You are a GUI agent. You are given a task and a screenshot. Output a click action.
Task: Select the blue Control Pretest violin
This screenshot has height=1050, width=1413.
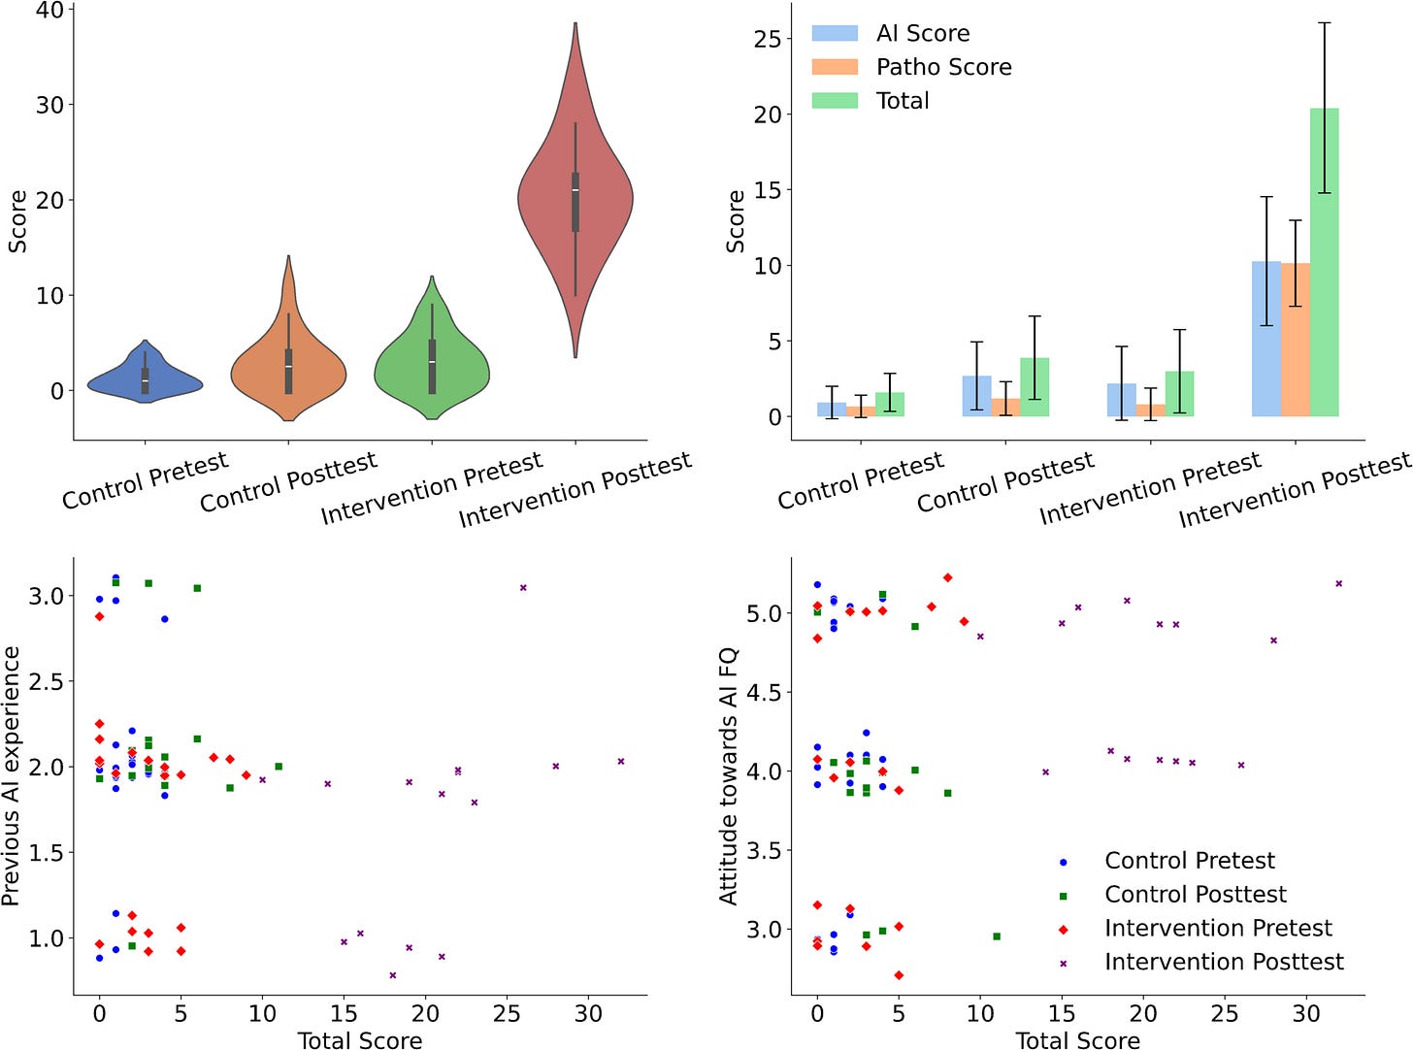tap(146, 382)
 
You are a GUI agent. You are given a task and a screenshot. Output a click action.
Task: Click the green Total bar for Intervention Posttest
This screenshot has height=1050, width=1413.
tap(1324, 262)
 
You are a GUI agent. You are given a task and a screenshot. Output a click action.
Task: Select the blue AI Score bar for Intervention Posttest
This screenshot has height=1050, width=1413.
tap(1265, 339)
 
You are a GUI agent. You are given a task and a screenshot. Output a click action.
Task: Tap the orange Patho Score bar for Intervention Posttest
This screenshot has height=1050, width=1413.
tap(1295, 340)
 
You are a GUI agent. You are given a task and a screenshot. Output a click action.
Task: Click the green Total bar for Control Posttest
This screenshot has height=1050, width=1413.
tap(1035, 387)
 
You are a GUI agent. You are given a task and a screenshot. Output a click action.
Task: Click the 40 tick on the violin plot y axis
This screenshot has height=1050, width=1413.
tap(49, 11)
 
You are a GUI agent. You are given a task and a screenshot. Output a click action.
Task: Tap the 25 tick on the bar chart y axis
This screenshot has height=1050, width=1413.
tap(767, 39)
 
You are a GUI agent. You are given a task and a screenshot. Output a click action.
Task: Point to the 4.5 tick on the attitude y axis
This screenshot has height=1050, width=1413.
tap(765, 692)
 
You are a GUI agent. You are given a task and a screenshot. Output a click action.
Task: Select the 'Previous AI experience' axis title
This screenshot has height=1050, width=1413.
tap(12, 776)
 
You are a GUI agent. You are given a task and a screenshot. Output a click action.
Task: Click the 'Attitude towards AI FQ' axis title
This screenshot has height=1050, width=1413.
tap(729, 776)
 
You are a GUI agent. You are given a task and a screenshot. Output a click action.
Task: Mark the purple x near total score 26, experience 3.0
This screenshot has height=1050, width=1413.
tap(523, 587)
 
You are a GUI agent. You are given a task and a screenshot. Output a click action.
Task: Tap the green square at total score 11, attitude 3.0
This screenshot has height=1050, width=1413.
tap(997, 936)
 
